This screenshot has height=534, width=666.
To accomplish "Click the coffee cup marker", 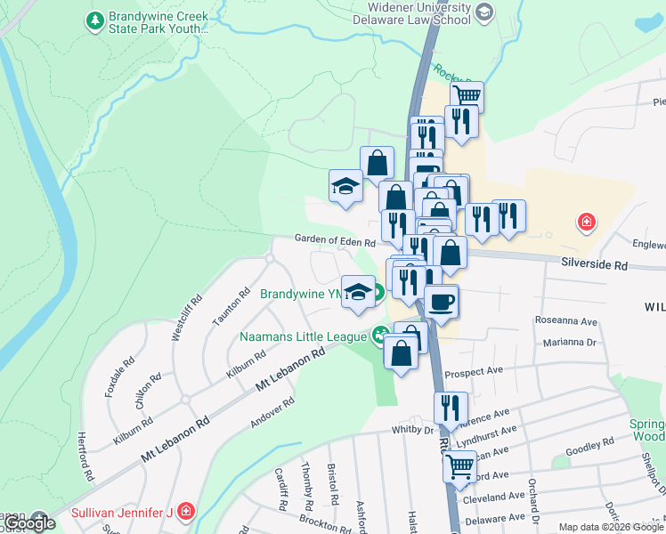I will [x=442, y=302].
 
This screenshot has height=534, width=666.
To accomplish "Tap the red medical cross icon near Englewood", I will [x=586, y=221].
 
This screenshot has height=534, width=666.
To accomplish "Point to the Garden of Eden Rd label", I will [x=336, y=240].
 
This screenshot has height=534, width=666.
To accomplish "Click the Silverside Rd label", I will [x=594, y=265].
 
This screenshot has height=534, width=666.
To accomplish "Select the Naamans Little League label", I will [x=304, y=336].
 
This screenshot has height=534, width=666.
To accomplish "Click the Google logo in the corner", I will [x=30, y=522].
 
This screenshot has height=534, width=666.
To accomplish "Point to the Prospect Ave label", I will [x=473, y=370].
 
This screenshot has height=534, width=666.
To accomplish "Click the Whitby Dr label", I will [x=411, y=430].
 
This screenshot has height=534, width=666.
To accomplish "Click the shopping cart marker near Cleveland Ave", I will [x=459, y=465].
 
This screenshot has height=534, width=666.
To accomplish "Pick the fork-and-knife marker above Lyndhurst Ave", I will [x=451, y=408].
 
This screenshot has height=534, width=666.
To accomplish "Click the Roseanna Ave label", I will [x=565, y=320].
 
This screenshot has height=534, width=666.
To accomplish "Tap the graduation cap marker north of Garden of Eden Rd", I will [x=345, y=186].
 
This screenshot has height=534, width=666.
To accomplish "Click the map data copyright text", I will [x=611, y=527].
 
